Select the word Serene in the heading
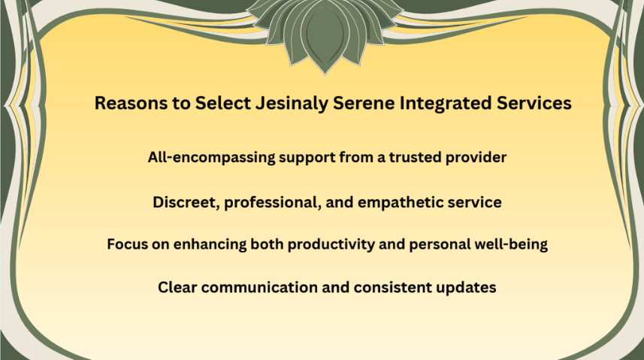(364, 103)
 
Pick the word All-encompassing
(211, 157)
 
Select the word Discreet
(186, 203)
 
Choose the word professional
(272, 203)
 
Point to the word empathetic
(400, 203)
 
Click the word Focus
(127, 244)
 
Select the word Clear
(177, 287)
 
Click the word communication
(259, 287)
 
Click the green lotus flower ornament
(325, 33)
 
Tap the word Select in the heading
(222, 103)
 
